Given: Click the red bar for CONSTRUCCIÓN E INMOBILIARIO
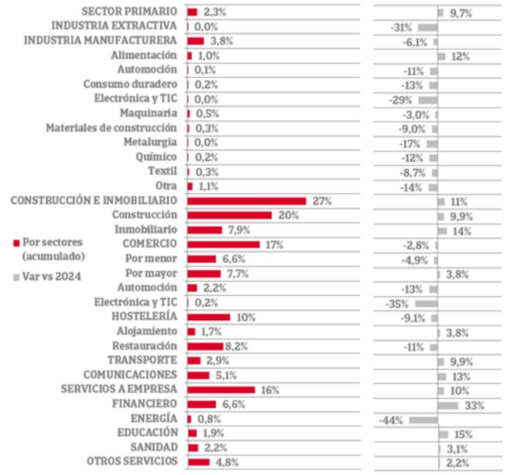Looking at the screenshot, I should tap(247, 200).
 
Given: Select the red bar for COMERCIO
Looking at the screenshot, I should tap(223, 244).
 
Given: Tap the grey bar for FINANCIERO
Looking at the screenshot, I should tap(447, 405).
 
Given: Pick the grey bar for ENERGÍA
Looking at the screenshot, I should tap(423, 419).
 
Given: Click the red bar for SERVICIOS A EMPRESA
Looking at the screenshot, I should tap(221, 390).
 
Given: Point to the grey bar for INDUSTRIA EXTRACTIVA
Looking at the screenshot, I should tap(427, 26).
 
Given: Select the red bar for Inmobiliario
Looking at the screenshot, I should tap(205, 230).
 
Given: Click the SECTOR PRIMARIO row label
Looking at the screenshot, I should tap(129, 12).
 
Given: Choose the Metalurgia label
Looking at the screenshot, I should tap(151, 142).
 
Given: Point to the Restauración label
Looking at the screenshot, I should tap(145, 345).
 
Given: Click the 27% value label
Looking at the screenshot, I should tap(322, 200).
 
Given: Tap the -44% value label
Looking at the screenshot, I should tap(391, 420).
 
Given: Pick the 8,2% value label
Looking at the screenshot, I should tap(238, 346).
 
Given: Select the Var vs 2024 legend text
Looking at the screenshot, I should tap(52, 276).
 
